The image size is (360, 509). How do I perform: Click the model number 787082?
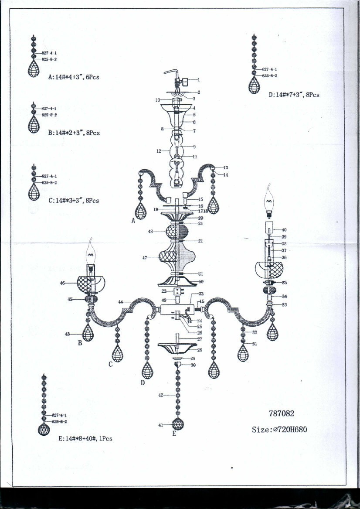pos(285,414)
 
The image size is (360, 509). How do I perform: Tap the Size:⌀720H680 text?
pos(279,430)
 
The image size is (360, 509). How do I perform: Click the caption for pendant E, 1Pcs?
pos(85,438)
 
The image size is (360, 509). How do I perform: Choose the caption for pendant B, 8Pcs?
pos(74,133)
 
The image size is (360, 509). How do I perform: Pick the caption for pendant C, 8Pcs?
pos(74,201)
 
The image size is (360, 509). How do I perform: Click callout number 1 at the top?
pos(198,80)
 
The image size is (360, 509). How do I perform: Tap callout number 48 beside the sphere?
pos(150,232)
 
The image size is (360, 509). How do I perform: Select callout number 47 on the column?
pos(145,258)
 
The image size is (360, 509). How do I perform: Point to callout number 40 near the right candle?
pos(284,229)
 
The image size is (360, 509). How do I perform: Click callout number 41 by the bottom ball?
pos(160,424)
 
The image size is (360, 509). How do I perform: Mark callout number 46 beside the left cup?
pos(62,283)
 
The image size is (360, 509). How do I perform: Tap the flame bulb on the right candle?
pos(269,201)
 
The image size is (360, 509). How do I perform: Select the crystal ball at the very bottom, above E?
pos(177,424)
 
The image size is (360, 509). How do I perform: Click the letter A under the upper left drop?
pos(133,221)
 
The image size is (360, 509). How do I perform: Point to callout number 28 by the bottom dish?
pos(200,350)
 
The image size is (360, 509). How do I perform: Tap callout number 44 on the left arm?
pos(120,302)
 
